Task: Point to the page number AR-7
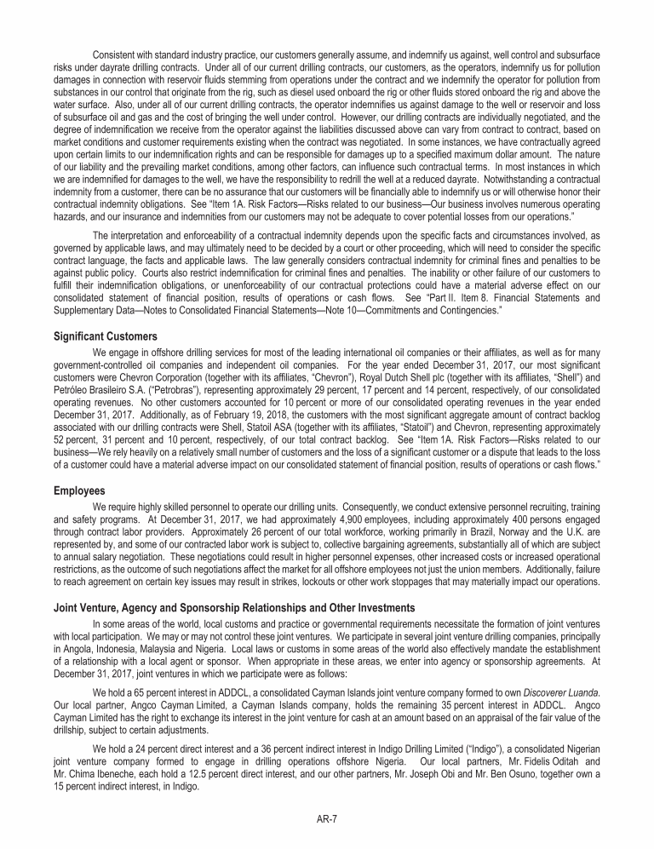click(x=327, y=818)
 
